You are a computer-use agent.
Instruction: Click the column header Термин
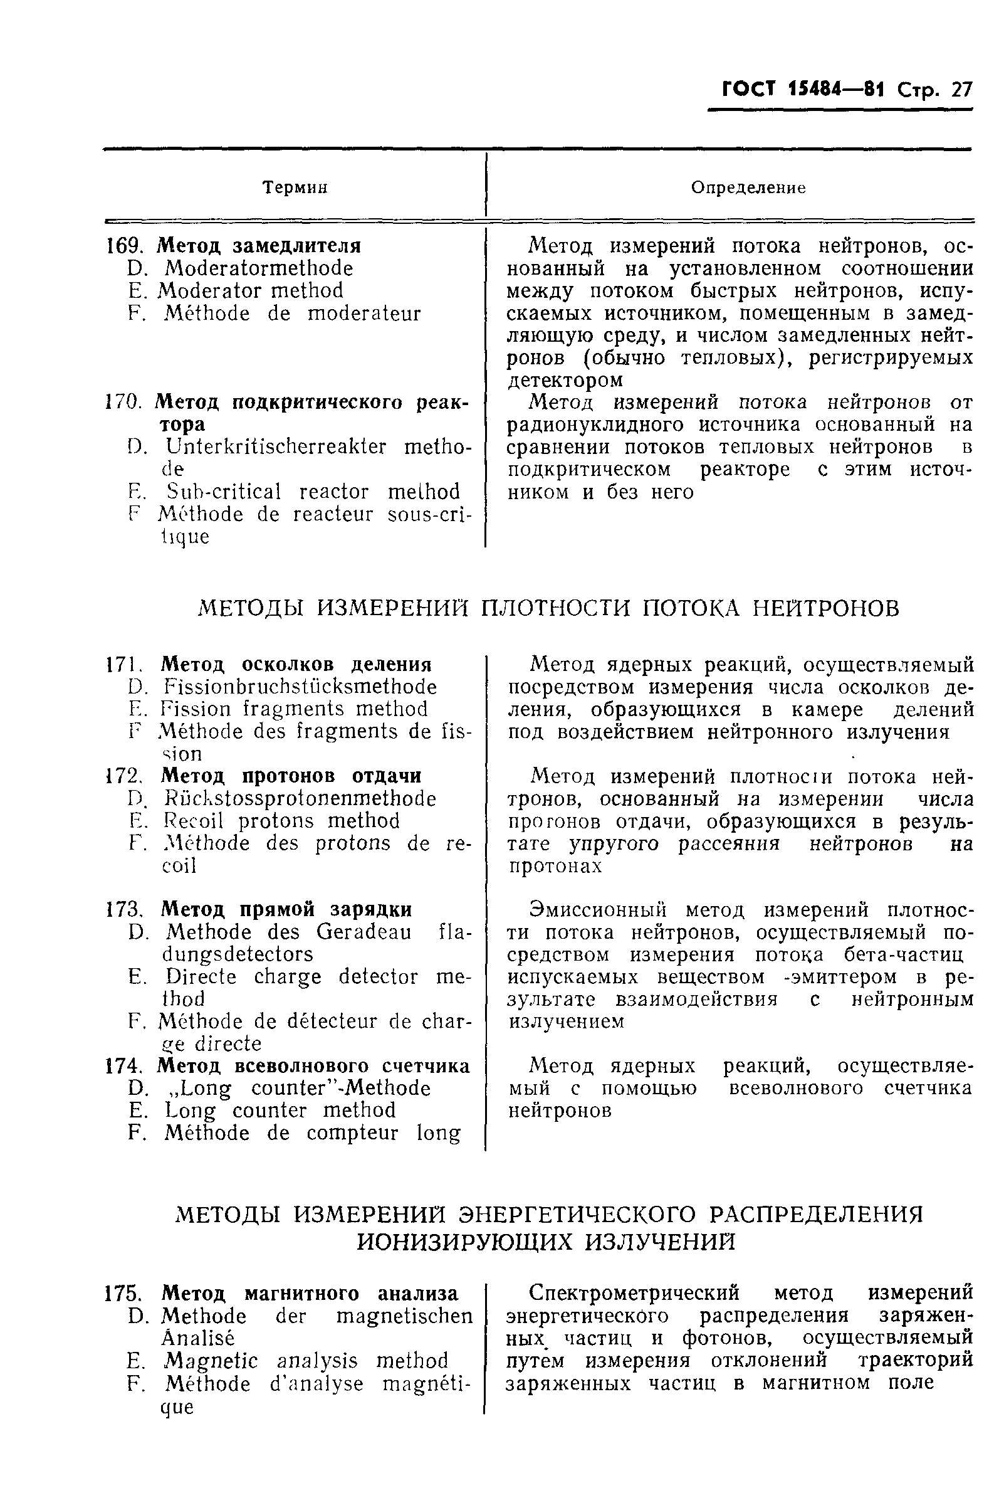tap(296, 187)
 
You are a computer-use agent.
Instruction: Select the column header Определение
tap(748, 187)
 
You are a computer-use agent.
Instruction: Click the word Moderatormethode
tap(258, 268)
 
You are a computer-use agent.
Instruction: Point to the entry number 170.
tap(122, 403)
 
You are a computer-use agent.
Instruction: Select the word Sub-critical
tap(223, 492)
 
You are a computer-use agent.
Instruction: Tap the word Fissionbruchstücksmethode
tap(300, 687)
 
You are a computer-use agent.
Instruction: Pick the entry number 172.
tap(122, 776)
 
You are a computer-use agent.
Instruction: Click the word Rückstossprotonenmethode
tap(300, 798)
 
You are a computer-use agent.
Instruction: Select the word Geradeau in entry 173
tap(364, 932)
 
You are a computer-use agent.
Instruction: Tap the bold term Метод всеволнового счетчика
tap(313, 1066)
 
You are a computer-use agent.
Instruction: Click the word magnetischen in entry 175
tap(404, 1316)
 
